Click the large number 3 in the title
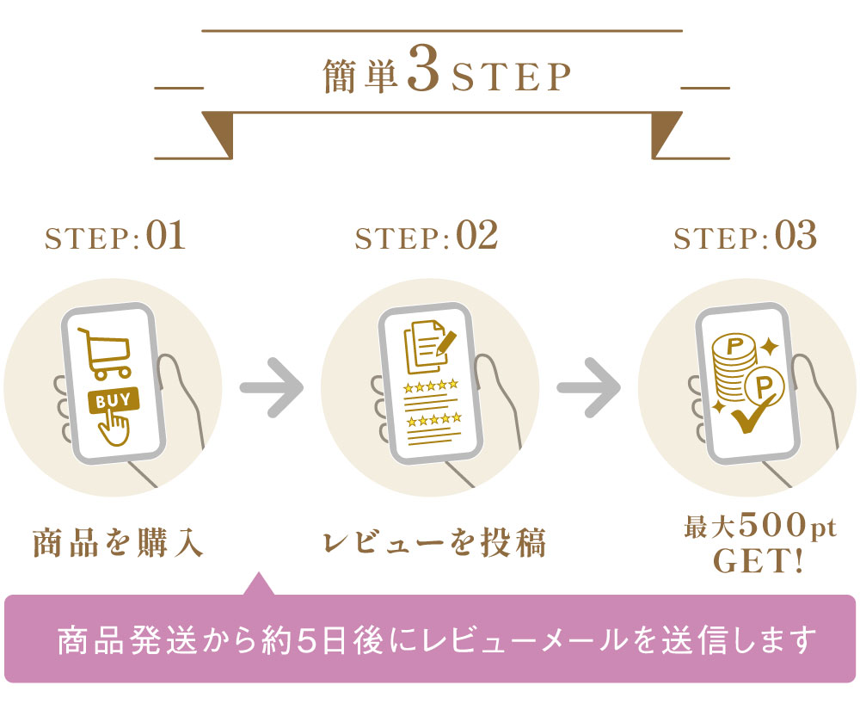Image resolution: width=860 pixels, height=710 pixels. (423, 74)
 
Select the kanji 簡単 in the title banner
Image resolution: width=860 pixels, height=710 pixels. (360, 77)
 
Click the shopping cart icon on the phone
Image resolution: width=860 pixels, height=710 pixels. (104, 354)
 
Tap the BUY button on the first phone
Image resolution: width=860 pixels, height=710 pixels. (114, 401)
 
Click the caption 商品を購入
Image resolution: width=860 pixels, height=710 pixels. (118, 543)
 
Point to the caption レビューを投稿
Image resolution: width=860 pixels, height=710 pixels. (434, 543)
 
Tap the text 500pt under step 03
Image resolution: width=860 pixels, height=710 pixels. (784, 526)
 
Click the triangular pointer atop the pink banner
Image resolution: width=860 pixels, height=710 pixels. (259, 584)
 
